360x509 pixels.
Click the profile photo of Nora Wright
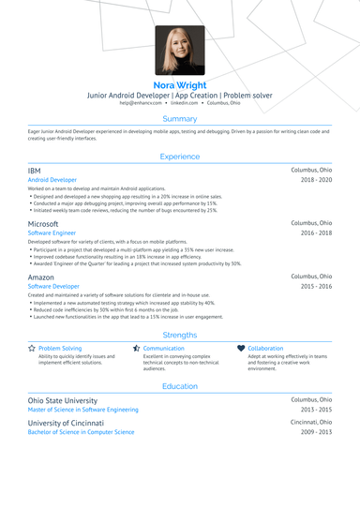click(180, 52)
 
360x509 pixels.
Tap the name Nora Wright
click(180, 84)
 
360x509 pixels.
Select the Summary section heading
click(180, 119)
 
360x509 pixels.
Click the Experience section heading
click(180, 157)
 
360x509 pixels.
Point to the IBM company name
click(35, 170)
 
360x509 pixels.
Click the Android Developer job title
click(52, 179)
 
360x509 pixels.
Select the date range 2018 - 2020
click(316, 179)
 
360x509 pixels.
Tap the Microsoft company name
click(43, 225)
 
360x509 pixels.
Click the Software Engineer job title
click(52, 233)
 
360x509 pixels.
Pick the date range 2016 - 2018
click(316, 233)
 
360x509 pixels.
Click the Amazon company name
click(41, 277)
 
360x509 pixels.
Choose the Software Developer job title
click(53, 287)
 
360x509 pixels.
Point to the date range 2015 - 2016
click(316, 287)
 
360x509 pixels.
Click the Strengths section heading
click(180, 335)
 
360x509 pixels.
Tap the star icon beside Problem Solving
click(32, 348)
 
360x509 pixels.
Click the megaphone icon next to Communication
click(137, 348)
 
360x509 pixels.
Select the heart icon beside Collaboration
click(241, 348)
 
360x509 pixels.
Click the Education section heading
click(180, 385)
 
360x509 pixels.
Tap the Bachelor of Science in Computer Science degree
click(81, 432)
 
